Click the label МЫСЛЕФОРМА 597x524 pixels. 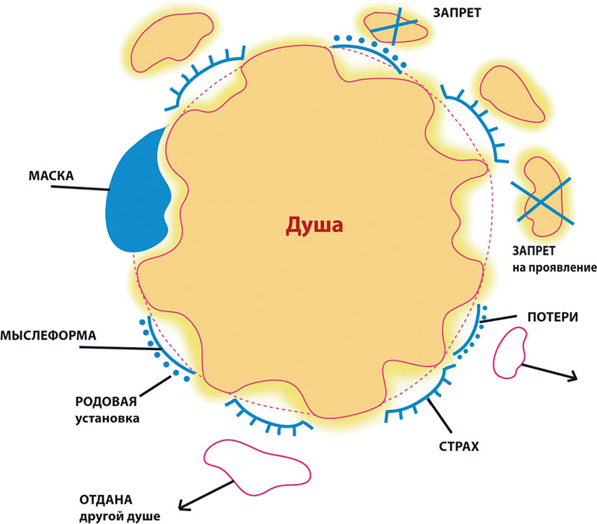(x=48, y=336)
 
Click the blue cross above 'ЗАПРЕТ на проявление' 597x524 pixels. (x=542, y=200)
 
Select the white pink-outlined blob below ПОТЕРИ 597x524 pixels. (x=510, y=351)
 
